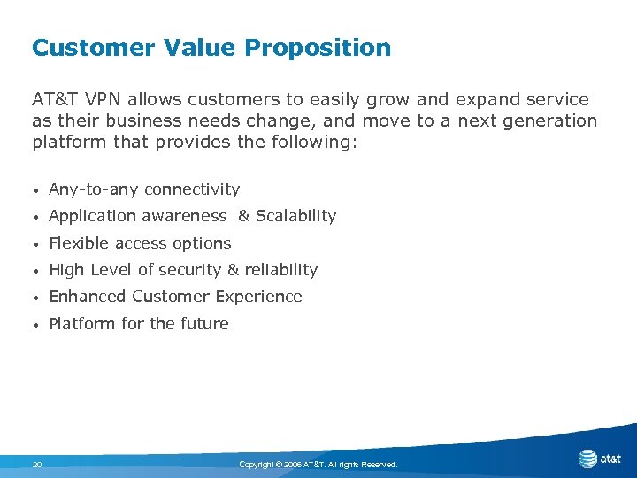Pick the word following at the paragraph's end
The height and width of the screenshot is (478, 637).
[x=312, y=141]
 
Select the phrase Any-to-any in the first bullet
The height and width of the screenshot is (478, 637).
[x=94, y=189]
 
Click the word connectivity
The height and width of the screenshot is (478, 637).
[x=192, y=189]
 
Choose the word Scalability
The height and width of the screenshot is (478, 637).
[x=295, y=216]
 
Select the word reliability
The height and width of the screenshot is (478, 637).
[x=280, y=270]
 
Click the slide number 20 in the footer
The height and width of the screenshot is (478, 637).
[x=37, y=464]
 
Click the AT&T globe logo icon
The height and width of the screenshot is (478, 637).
[x=587, y=459]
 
